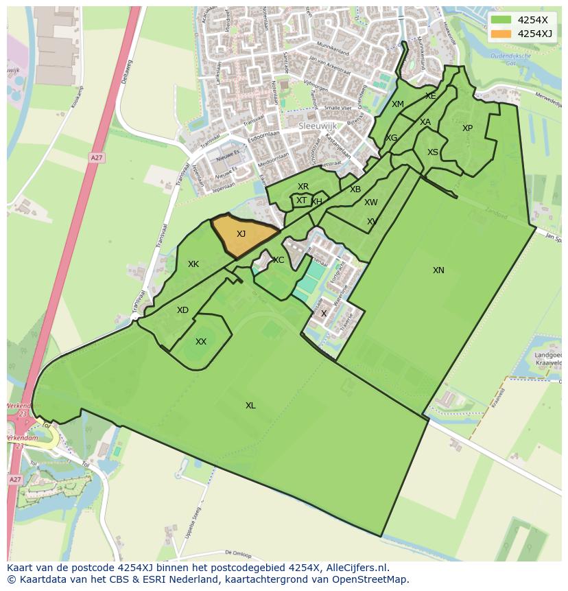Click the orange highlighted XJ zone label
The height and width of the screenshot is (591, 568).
pos(241,234)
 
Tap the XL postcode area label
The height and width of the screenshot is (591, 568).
pos(250,406)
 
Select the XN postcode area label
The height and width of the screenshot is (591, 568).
pos(438,270)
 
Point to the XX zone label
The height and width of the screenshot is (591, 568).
pos(201,342)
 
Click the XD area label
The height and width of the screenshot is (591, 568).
pos(182,310)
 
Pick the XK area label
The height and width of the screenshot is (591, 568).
pos(193,264)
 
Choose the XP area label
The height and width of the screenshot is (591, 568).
pos(467,128)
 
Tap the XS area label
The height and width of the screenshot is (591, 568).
pos(433,152)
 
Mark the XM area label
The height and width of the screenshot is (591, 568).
pos(398,104)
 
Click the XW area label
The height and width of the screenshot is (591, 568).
pos(371,202)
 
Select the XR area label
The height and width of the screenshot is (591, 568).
pos(303,187)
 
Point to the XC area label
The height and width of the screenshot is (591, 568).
pos(279,260)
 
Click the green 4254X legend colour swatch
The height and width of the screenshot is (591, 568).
pos(501,20)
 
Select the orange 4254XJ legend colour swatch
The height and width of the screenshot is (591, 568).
pos(501,33)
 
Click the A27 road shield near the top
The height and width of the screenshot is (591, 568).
pos(96,158)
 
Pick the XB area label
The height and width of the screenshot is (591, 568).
pos(355,189)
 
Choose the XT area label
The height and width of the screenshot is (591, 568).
pos(301,200)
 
